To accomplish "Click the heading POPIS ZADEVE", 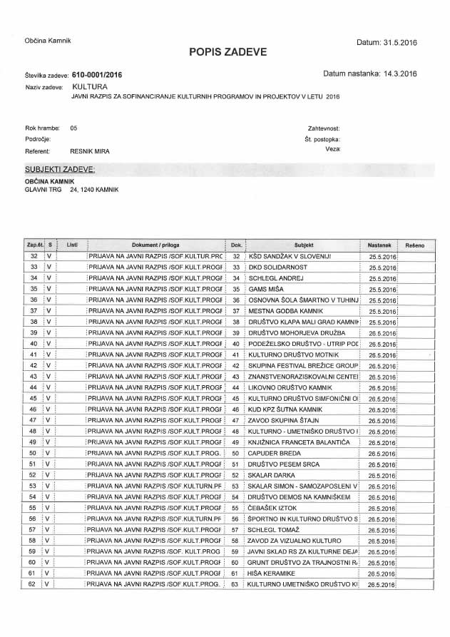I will click(x=227, y=51).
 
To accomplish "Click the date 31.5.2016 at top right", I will click(x=399, y=44).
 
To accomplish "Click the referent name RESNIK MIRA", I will click(x=89, y=151).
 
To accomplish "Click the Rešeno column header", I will click(x=414, y=245).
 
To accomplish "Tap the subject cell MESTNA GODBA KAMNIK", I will click(x=282, y=311).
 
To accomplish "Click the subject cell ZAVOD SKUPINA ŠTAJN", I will click(x=281, y=420).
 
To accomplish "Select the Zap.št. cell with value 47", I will click(x=34, y=420).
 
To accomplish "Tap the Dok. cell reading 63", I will click(x=235, y=584).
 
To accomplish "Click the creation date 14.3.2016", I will click(x=391, y=73).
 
